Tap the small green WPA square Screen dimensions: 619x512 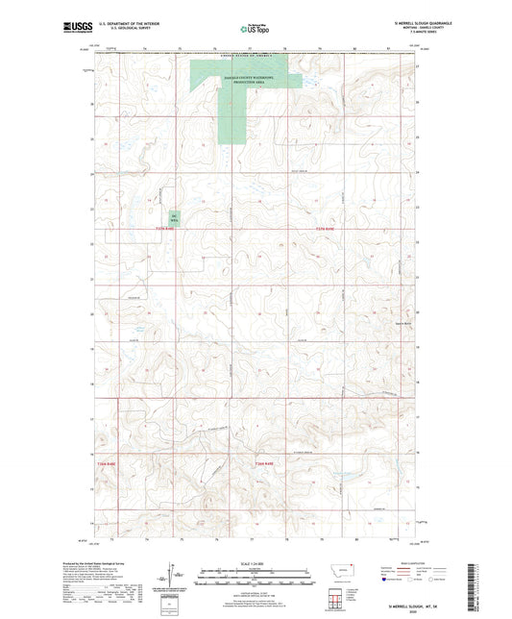coord(175,218)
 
